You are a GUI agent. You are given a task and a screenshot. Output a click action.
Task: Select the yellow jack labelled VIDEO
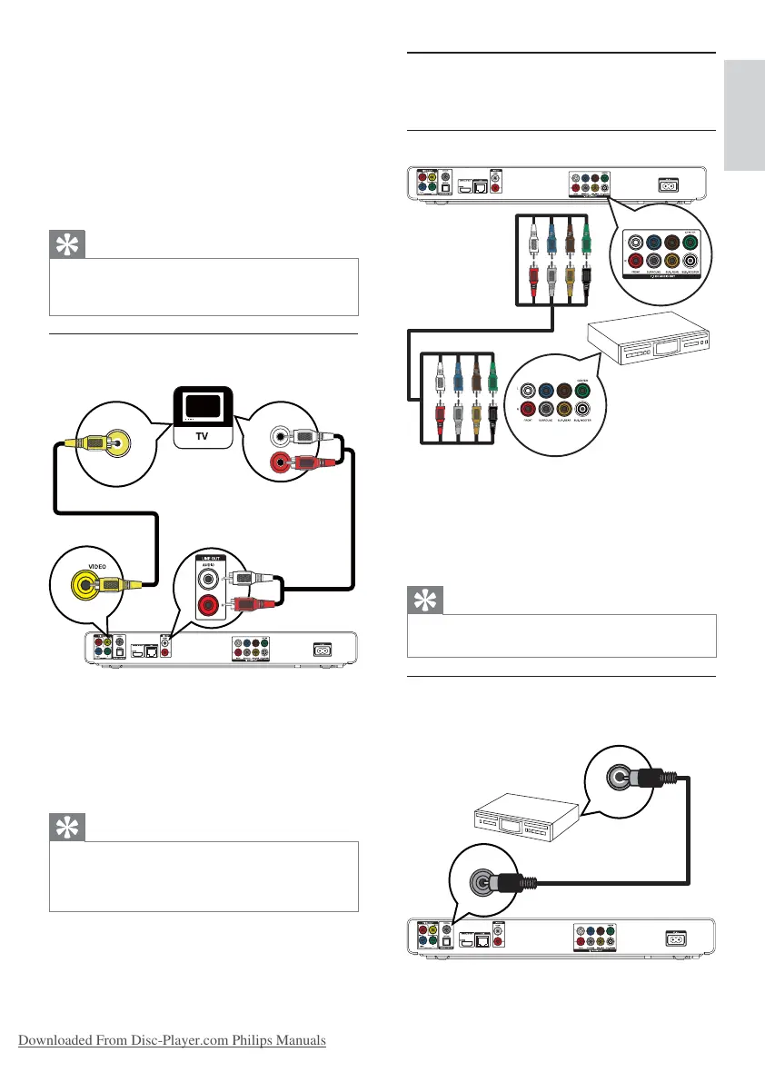[86, 587]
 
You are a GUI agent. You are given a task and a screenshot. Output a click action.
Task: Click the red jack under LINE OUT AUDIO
[210, 603]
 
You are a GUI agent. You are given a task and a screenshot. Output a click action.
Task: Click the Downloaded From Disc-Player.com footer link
[170, 1040]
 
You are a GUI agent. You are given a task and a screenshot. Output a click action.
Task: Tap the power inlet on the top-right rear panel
[671, 184]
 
